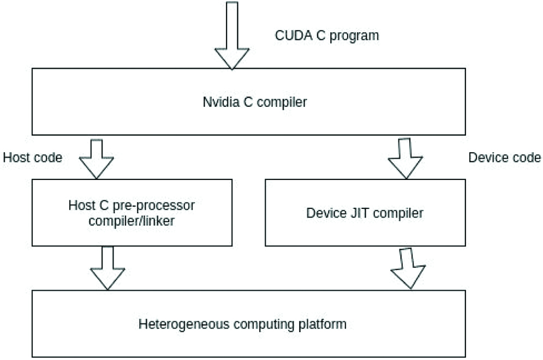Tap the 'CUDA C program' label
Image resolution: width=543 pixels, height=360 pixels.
(x=326, y=36)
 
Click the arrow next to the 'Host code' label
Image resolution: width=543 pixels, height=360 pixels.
(x=97, y=159)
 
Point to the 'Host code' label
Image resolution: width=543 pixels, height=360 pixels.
(x=33, y=158)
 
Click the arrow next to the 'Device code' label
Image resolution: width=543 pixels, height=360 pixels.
(x=405, y=159)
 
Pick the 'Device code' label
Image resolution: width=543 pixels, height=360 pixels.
(x=505, y=158)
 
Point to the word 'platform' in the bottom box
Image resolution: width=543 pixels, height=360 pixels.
(x=325, y=324)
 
